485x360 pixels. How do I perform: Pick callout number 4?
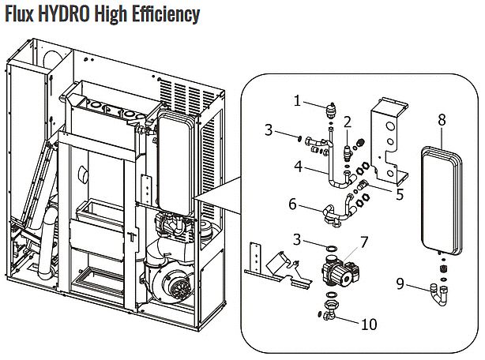[x=298, y=167]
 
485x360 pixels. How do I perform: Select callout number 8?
[x=442, y=119]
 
